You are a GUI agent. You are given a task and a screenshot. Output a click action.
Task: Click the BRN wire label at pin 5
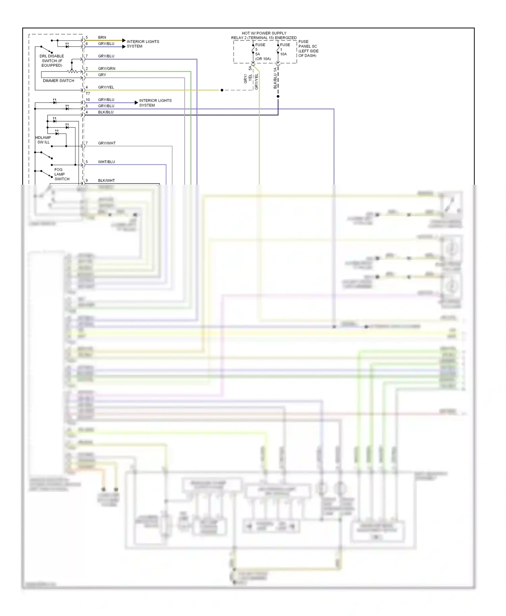102,37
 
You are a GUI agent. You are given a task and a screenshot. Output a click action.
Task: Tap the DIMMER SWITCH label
58,81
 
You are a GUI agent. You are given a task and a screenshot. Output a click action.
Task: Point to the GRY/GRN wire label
107,68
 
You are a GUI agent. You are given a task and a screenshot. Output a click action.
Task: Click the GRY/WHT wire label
107,143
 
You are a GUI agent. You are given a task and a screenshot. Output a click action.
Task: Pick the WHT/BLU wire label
106,162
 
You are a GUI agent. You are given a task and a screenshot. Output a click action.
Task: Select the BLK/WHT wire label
106,181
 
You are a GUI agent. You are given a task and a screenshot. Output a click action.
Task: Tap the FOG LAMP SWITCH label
61,174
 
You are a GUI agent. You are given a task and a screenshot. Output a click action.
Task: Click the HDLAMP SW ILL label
43,140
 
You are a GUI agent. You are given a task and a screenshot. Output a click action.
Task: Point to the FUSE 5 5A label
260,52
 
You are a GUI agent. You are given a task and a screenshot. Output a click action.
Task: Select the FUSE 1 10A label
284,49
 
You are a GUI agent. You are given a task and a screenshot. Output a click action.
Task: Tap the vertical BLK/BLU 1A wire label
275,78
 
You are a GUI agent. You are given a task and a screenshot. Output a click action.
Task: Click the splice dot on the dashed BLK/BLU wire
278,96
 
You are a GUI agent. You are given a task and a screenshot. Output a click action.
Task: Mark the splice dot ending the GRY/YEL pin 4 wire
222,90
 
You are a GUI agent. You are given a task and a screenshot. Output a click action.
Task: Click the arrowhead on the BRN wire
124,40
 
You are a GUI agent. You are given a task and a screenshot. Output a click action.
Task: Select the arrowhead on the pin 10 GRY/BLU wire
136,102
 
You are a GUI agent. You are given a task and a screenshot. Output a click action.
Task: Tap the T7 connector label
88,93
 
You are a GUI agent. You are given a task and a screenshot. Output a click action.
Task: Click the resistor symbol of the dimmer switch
72,71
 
